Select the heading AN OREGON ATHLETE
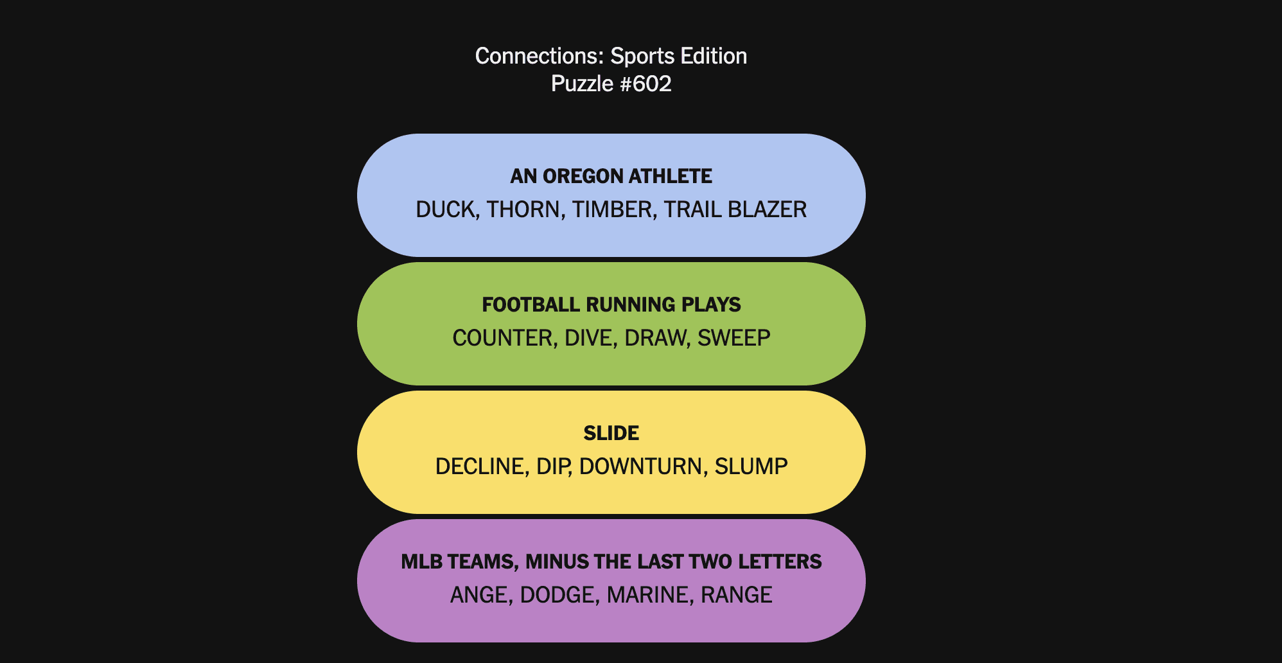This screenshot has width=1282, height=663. pos(611,176)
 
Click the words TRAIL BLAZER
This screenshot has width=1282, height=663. pos(735,209)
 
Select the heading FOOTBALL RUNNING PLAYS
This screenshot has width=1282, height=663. pos(611,305)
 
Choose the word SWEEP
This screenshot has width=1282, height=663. pos(734,338)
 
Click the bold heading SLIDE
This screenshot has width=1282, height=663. pos(611,433)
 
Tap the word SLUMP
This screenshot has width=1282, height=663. pos(751,466)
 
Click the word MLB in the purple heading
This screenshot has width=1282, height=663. pos(421,561)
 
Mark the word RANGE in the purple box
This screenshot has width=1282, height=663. pos(736,595)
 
